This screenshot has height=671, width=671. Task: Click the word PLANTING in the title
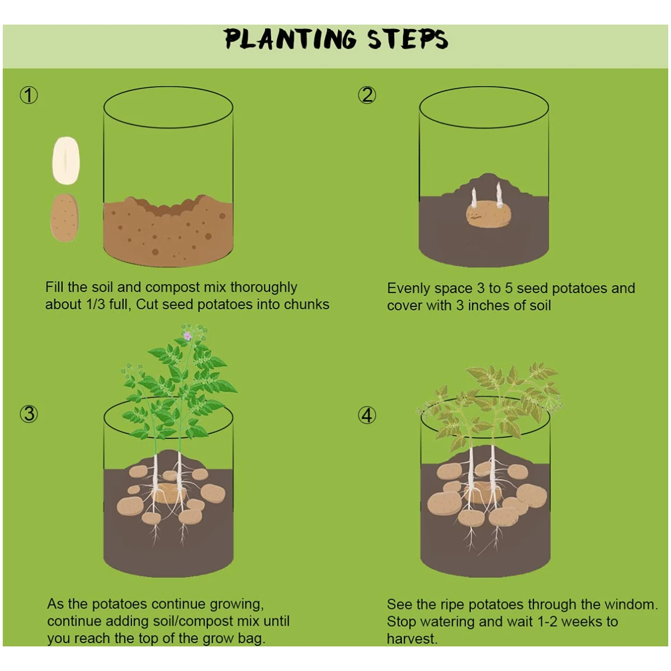(x=290, y=39)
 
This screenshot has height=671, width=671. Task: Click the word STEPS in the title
(x=408, y=39)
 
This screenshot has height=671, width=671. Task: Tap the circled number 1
(x=29, y=96)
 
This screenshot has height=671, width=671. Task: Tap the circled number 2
(x=367, y=95)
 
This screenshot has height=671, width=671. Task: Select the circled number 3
(x=29, y=414)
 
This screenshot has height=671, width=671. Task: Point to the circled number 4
(x=367, y=415)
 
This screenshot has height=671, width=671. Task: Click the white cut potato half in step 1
(x=66, y=160)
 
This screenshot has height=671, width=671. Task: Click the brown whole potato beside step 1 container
(x=64, y=218)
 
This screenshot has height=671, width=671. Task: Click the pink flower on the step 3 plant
(x=187, y=336)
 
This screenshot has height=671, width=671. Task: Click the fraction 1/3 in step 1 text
(x=95, y=305)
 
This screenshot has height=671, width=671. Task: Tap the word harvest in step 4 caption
(x=412, y=639)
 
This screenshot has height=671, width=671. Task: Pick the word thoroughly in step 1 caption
(x=263, y=287)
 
